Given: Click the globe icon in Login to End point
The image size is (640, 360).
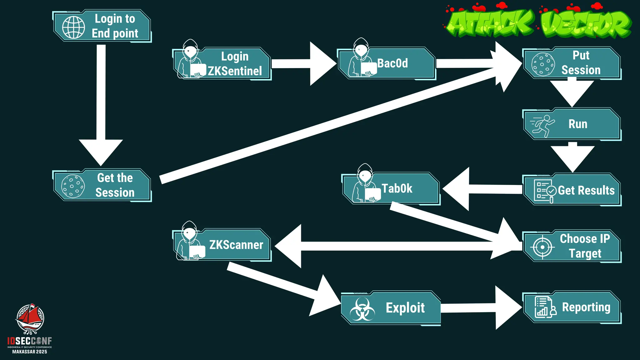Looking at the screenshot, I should click(73, 27).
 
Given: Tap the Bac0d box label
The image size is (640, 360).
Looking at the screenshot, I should click(392, 63).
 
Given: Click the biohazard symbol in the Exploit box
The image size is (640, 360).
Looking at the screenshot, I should click(362, 309).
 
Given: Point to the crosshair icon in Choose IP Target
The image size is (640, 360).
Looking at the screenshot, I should click(542, 247).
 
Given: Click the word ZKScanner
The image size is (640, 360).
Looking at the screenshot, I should click(236, 245).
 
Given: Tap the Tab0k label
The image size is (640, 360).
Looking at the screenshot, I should click(397, 188).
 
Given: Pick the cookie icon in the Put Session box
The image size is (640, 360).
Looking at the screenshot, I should click(543, 64).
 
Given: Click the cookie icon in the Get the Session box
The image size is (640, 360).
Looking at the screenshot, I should click(73, 186).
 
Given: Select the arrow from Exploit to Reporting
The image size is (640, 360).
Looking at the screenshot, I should click(481, 308).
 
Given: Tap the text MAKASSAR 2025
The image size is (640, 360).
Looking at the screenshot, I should click(30, 352).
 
